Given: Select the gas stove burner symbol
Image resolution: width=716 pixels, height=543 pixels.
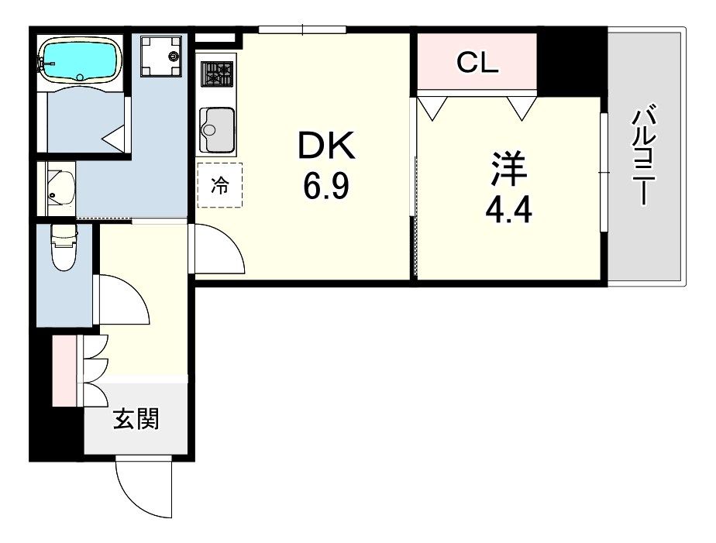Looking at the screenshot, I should coord(218,74).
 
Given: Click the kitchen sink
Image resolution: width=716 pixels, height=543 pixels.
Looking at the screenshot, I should coord(218,129).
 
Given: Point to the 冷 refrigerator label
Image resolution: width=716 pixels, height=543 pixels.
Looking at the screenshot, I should coord(220,185).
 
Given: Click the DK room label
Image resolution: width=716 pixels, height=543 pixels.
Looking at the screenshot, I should coord(325,146).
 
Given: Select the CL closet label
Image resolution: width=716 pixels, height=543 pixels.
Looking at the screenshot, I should coord(477,63).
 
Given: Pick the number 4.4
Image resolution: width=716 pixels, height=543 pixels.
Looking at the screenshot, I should coord(509,210).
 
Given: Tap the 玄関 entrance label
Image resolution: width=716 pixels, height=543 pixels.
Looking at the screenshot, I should coord(136,419).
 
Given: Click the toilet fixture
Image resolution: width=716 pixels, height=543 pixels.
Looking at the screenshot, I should coord(63,246).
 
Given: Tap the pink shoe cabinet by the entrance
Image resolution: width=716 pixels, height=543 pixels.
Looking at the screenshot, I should coord(64,370).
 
